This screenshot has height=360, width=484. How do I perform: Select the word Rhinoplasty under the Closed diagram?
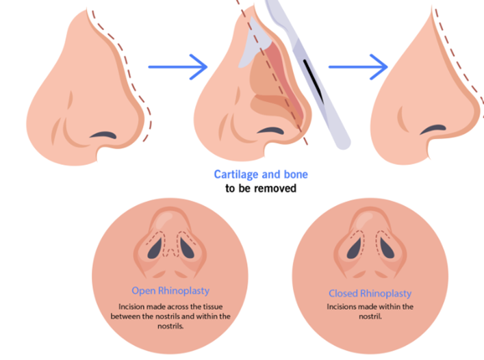389,294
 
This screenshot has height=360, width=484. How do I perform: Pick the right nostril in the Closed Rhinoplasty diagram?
385,250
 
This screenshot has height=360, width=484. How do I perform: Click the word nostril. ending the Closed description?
371,317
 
